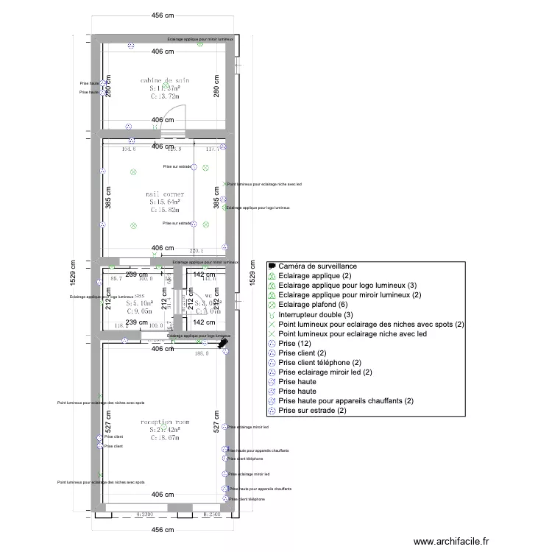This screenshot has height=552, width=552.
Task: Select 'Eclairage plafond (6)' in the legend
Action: pos(312,305)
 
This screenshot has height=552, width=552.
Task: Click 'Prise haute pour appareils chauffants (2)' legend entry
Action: pos(345,400)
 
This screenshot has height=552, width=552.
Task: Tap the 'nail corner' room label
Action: pos(165,194)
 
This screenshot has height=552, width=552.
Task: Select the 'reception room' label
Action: pos(165,422)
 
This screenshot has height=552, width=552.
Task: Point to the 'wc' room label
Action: pos(208,294)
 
